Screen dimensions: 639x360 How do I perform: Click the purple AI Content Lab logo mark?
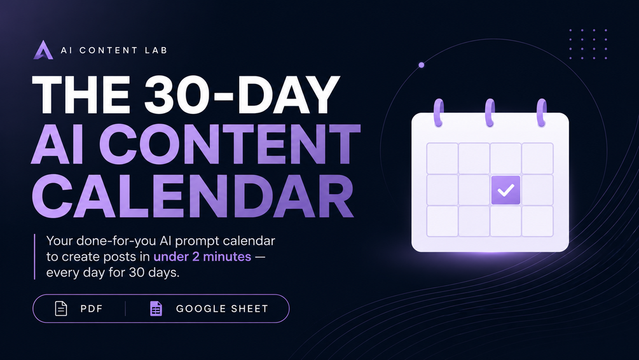(x=43, y=50)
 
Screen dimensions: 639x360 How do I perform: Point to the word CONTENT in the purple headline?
(x=230, y=144)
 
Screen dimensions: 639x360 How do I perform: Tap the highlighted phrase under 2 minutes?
(x=202, y=256)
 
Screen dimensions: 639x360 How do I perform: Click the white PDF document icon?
(x=61, y=308)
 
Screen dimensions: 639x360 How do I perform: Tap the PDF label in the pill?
(x=92, y=308)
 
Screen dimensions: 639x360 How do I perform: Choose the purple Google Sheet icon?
(x=156, y=308)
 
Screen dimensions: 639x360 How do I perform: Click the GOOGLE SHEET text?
(x=222, y=308)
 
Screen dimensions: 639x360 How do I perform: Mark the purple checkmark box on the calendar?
(x=505, y=190)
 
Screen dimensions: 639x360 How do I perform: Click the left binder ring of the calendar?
(x=439, y=113)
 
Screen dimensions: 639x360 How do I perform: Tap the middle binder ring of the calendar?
(x=490, y=113)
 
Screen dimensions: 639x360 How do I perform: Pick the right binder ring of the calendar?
(x=541, y=113)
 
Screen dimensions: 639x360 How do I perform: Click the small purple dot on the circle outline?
(x=422, y=65)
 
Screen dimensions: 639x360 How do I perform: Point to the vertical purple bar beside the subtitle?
(x=34, y=256)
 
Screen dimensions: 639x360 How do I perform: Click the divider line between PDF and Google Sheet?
(x=125, y=308)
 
